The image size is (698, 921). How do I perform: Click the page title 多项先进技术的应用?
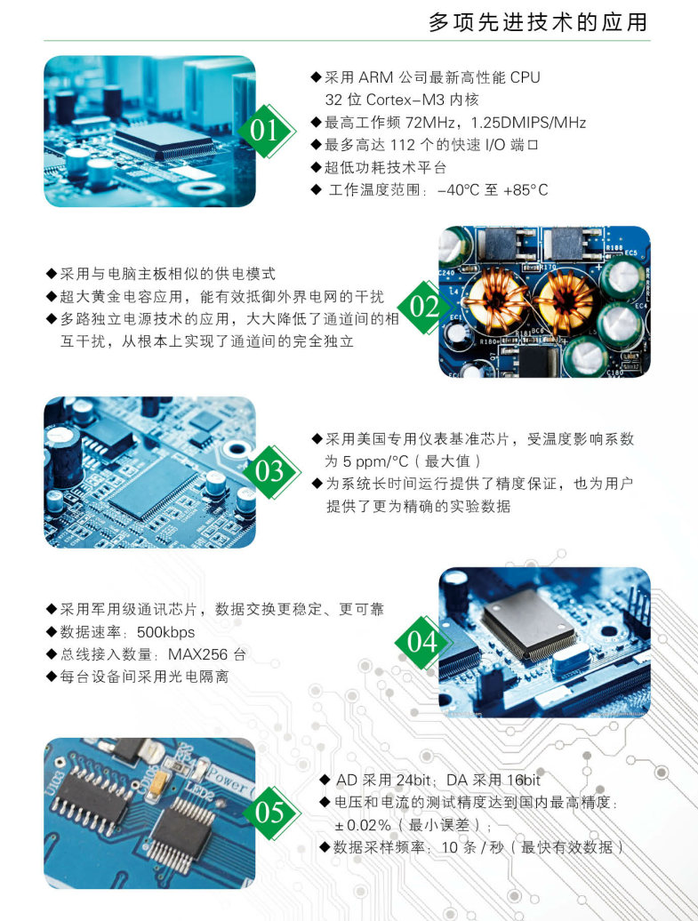538,22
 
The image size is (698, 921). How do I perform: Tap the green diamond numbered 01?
266,131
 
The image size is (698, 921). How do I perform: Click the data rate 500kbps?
165,632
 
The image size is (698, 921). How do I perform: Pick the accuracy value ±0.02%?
363,825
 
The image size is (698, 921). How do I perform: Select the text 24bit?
413,780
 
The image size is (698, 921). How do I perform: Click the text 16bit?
523,780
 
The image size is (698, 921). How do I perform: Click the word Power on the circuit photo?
229,779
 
